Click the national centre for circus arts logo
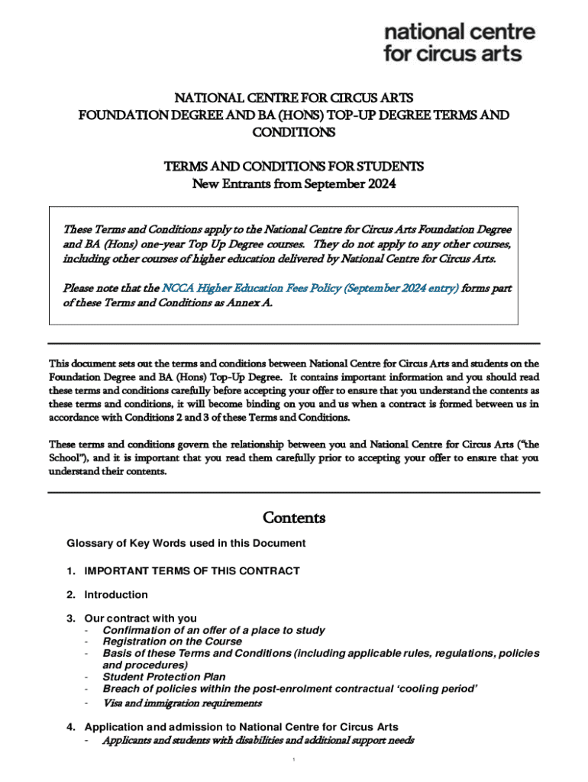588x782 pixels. (460, 43)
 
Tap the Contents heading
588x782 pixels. (294, 519)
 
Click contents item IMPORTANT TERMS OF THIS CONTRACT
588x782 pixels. (192, 571)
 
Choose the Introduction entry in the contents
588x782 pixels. (116, 595)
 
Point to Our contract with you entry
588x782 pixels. (141, 619)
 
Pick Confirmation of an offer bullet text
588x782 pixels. (214, 631)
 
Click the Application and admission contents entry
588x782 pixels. (241, 727)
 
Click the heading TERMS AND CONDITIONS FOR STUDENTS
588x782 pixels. (294, 166)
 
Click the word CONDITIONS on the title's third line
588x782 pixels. (294, 133)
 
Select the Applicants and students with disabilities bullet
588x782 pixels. (258, 740)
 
